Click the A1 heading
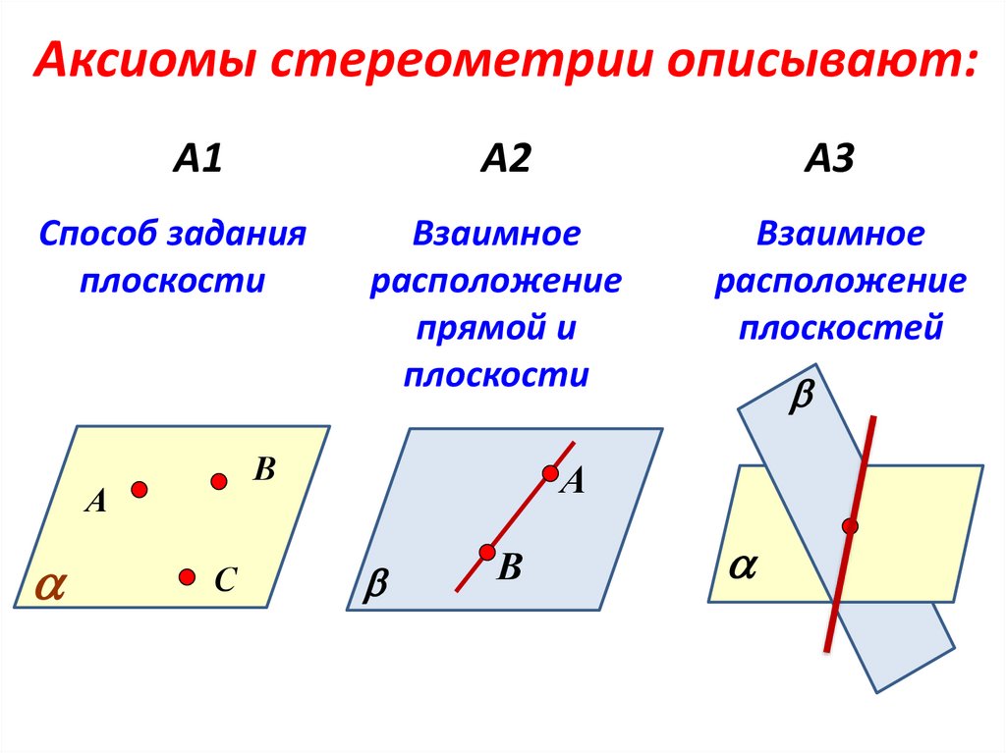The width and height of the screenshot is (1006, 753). coord(198,158)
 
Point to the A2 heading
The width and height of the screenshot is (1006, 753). coord(505,158)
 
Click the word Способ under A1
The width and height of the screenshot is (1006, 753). coord(100,236)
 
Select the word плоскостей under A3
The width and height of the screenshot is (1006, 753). coord(841,327)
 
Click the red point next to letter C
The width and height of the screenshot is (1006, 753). coord(187,576)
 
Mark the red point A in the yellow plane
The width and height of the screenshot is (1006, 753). coord(140,488)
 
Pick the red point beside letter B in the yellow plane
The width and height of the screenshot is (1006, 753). coord(219,480)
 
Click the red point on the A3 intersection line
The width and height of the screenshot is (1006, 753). coord(850,527)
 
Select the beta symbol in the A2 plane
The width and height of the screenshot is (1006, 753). coord(376,587)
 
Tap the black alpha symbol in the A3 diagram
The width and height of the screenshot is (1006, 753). coord(743,566)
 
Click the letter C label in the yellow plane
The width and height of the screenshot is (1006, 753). coord(224,581)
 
